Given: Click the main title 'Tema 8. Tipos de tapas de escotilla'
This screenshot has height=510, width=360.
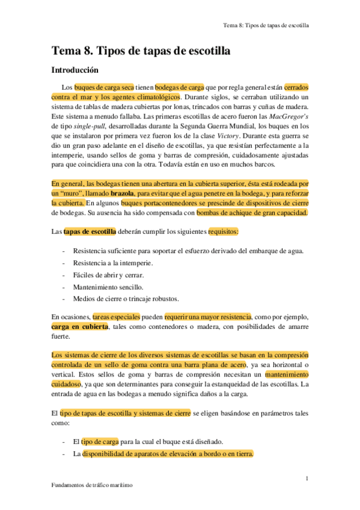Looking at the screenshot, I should coord(141,51).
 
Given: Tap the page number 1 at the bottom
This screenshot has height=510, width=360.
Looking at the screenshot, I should coord(307,478).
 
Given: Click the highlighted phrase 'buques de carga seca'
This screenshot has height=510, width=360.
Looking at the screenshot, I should coord(103,87).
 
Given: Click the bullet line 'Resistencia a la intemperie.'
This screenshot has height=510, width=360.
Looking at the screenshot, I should coord(112,263).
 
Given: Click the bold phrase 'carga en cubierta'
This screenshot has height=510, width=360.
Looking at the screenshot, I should coord(80,326).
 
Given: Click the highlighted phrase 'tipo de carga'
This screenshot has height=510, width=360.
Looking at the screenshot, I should coord(100,441).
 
